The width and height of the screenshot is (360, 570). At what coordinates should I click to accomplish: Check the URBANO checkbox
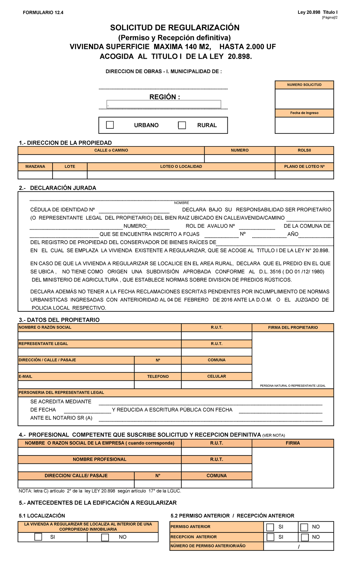pos(110,125)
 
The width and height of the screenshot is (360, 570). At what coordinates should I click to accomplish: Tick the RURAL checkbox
pos(182,125)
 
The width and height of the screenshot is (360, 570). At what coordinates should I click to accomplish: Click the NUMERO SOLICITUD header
pos(304,85)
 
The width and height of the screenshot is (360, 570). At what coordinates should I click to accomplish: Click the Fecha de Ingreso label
pos(304,113)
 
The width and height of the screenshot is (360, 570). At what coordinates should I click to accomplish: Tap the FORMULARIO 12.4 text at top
pos(43,13)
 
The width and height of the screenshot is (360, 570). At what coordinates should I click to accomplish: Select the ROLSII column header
pos(304,150)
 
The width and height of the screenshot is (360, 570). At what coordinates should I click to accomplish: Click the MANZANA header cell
pos(35,166)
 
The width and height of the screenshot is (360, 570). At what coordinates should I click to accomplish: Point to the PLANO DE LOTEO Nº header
pos(304,166)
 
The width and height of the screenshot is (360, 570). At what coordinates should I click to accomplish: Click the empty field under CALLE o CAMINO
pos(111,159)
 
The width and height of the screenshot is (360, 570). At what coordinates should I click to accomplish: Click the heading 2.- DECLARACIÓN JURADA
pos(57,188)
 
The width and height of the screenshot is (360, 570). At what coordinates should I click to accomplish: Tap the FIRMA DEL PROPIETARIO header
pos(293,328)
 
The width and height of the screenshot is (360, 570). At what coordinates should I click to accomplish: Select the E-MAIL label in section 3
pos(25,376)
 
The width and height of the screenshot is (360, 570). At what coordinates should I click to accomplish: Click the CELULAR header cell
pos(217,376)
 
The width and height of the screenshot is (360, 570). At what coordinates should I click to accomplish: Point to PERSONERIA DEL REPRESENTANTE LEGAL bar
pos(61,392)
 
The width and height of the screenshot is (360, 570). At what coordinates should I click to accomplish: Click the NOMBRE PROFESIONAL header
pos(100,459)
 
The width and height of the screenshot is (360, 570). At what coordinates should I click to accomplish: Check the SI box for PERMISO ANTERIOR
pos(270,527)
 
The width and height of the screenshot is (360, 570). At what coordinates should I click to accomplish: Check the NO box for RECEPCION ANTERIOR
pos(305,537)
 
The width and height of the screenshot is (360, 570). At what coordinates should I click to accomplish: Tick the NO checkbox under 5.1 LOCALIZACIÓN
pos(105,537)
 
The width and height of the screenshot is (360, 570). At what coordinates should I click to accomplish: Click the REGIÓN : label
pos(165,97)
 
